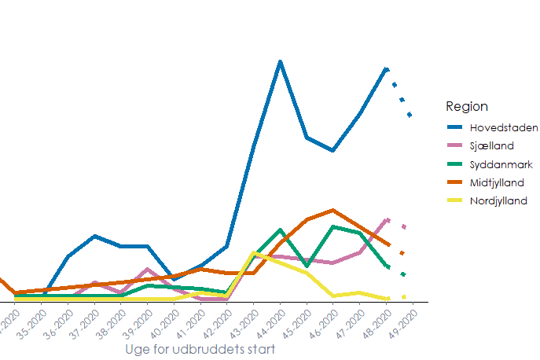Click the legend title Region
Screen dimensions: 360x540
[x=466, y=106]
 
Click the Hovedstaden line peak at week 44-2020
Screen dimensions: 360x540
[x=280, y=61]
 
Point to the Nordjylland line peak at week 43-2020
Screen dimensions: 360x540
[x=253, y=252]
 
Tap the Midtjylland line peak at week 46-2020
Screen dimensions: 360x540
[x=334, y=210]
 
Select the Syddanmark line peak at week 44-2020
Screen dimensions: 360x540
[x=280, y=230]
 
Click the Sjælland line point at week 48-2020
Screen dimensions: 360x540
[x=387, y=219]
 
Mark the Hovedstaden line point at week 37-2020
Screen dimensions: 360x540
[x=94, y=236]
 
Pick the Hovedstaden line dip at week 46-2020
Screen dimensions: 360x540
[x=334, y=150]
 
